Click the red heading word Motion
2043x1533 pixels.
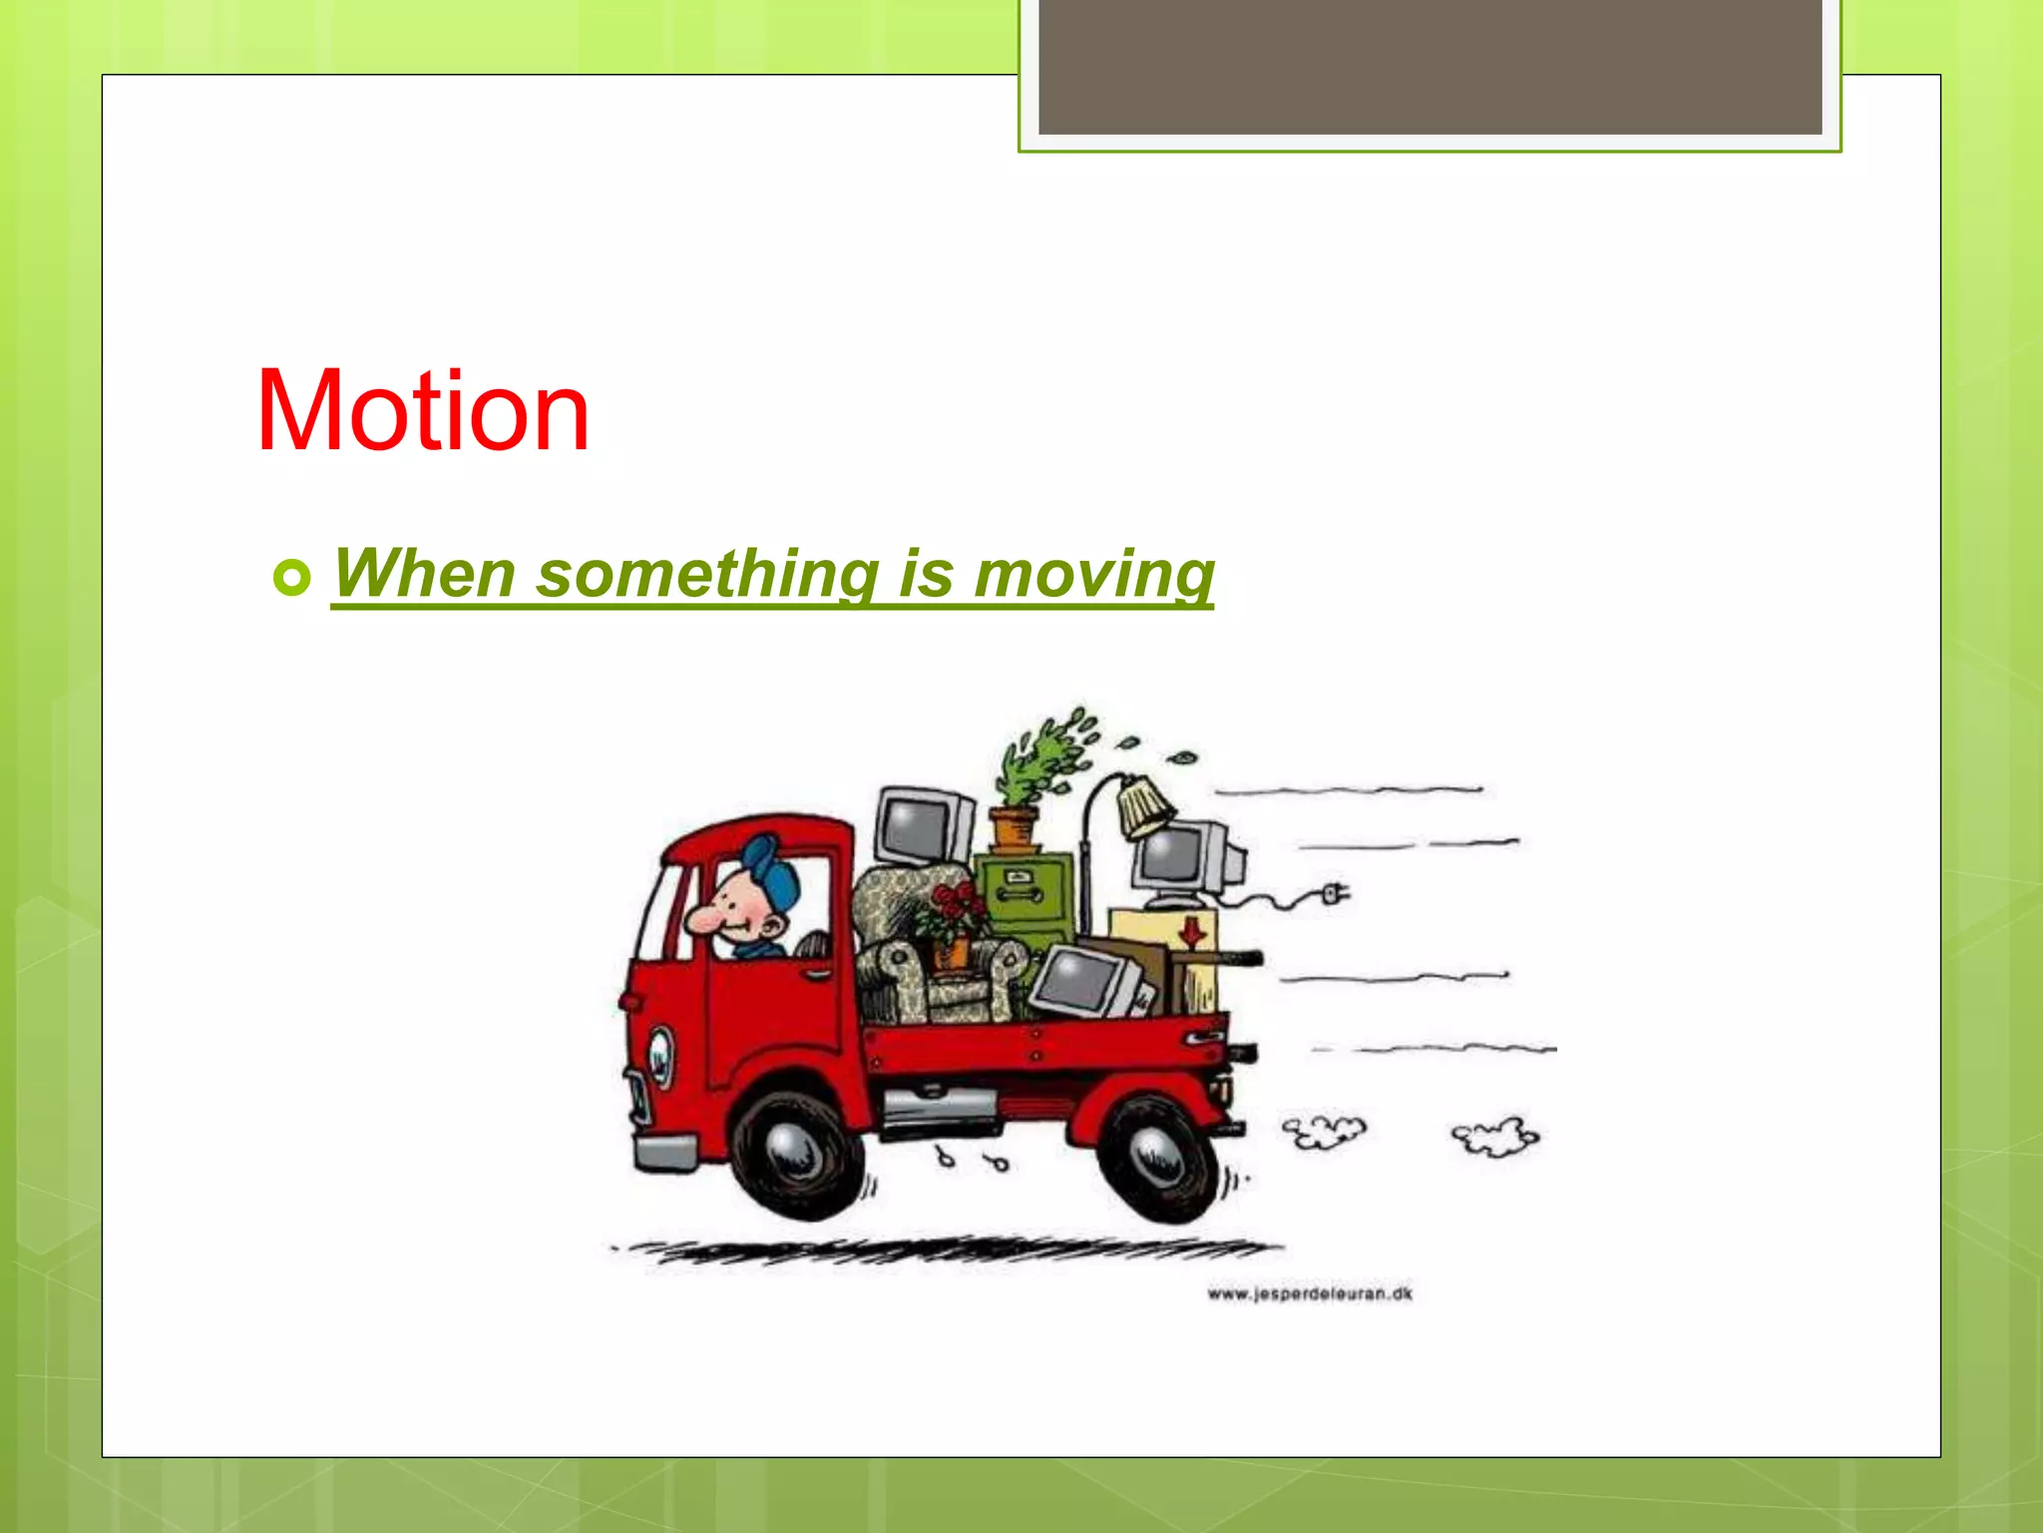pos(423,411)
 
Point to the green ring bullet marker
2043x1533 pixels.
pos(291,578)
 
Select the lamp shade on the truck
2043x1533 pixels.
pos(1144,806)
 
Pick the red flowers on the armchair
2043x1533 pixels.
pos(956,908)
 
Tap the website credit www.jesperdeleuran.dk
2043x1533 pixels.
pos(1309,1294)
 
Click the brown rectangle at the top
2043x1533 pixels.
pos(1430,66)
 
